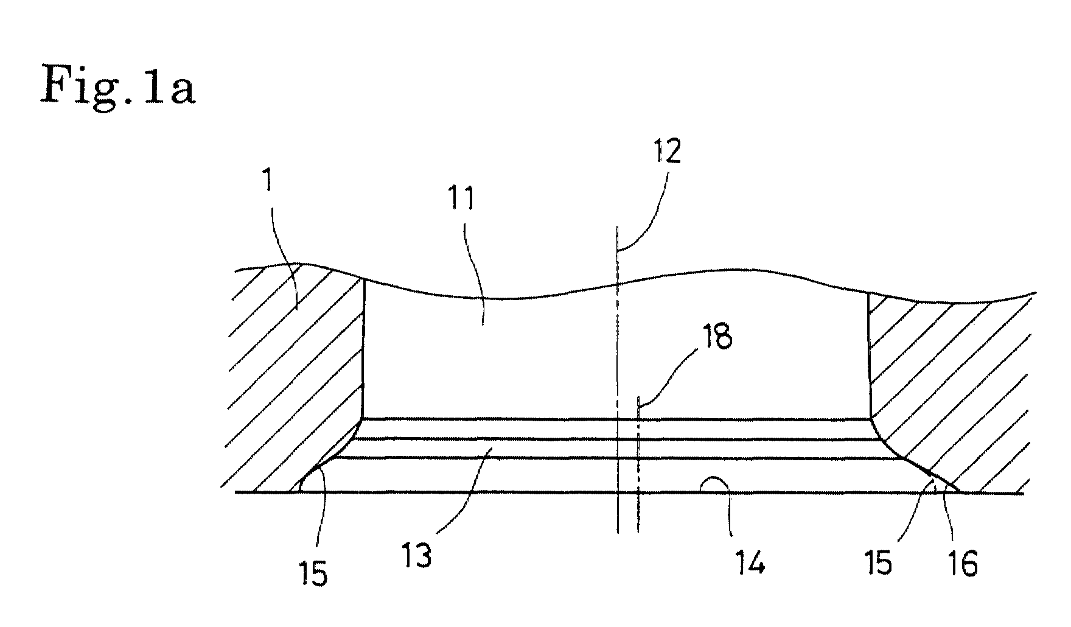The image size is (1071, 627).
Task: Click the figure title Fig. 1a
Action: pos(117,86)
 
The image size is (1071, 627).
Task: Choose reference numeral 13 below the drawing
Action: pos(418,555)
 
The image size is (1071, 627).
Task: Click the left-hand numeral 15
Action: pos(314,573)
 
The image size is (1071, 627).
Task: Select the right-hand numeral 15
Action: pos(877,562)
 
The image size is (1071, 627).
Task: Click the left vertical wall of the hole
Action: pos(363,348)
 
